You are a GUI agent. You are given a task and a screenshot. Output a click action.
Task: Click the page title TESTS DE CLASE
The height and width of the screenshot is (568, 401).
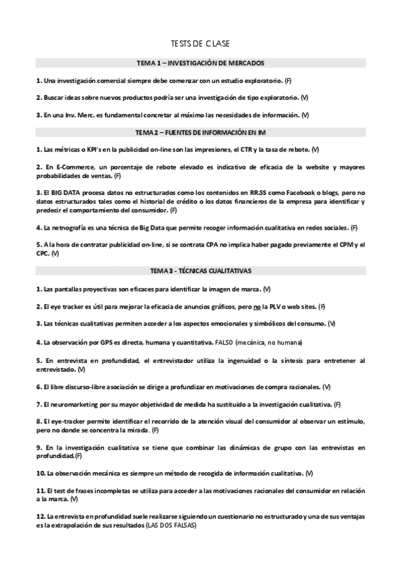(200, 44)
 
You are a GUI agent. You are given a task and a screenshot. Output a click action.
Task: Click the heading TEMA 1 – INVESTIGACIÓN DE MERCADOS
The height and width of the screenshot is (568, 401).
(200, 63)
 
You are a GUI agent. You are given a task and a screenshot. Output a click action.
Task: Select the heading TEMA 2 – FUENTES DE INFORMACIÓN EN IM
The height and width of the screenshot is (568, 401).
(200, 133)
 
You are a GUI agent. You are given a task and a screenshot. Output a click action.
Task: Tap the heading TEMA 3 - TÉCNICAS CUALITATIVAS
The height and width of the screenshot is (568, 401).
(200, 272)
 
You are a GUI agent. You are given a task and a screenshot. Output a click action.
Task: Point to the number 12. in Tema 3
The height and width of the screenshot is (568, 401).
(40, 517)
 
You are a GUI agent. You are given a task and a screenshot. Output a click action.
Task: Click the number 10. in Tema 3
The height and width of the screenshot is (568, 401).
(40, 474)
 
